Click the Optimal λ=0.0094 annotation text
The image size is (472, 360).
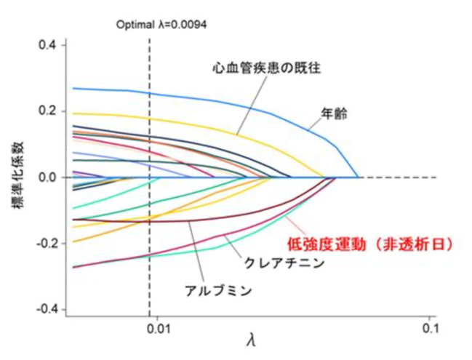coord(161,25)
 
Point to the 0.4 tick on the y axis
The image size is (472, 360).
coord(48,45)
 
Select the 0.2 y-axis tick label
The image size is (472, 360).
coord(48,111)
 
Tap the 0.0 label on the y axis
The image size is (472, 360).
coord(48,177)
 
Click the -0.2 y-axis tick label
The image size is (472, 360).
coord(47,244)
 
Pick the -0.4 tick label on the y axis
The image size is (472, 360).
coord(47,309)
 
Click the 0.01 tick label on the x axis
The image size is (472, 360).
coord(159,329)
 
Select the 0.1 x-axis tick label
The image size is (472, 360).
coord(430,329)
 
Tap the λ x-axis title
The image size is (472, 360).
coord(251,341)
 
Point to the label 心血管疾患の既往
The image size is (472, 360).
coord(266,68)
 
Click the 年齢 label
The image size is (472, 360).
coord(334,113)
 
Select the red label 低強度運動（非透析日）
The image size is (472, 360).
coord(370,244)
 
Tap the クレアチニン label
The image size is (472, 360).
coord(284,263)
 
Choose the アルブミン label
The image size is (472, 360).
coord(218,291)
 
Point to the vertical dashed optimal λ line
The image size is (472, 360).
coord(150,177)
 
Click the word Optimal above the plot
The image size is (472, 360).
coord(135,25)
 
